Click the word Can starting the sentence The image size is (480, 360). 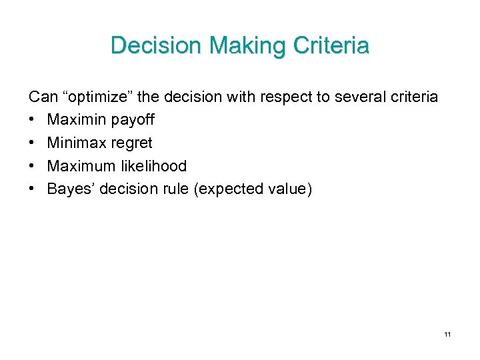pos(43,97)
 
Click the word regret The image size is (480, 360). pos(131,143)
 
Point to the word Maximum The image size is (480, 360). pos(79,166)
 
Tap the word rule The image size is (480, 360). pos(174,189)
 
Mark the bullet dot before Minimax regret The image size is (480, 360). pos(33,143)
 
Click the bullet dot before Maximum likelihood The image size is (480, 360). pos(33,166)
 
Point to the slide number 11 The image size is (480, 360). pos(447,334)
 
